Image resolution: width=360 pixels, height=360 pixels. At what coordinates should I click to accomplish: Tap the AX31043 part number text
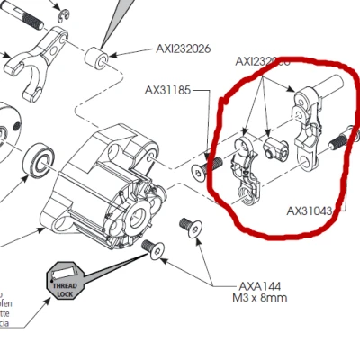[310, 211]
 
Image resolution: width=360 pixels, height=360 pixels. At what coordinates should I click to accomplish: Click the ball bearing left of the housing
[40, 158]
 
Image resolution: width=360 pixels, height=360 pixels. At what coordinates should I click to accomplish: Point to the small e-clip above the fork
[62, 13]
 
